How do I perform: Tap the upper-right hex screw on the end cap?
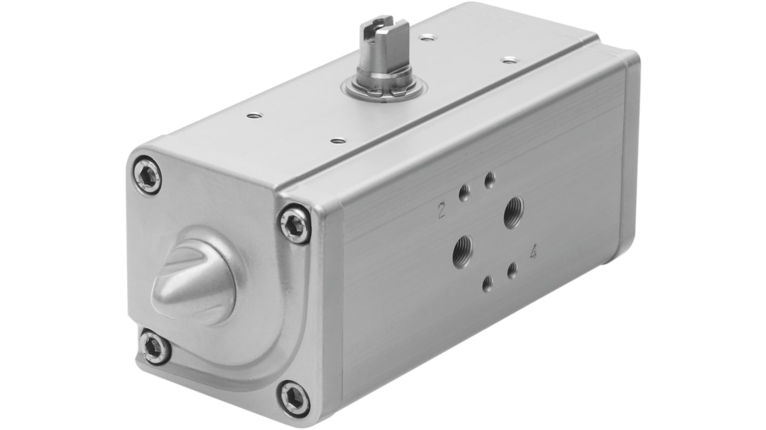point(295,224)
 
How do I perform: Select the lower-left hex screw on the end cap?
point(155,348)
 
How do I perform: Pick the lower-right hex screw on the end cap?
point(295,398)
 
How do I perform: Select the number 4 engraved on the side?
point(533,252)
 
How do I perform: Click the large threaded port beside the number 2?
point(512,212)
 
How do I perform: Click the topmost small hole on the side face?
point(490,179)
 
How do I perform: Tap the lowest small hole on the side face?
point(487,283)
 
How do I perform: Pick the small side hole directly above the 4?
point(512,270)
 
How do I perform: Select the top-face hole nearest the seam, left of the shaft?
point(338,141)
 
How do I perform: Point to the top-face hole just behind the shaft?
point(427,38)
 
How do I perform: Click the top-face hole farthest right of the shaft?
point(508,60)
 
